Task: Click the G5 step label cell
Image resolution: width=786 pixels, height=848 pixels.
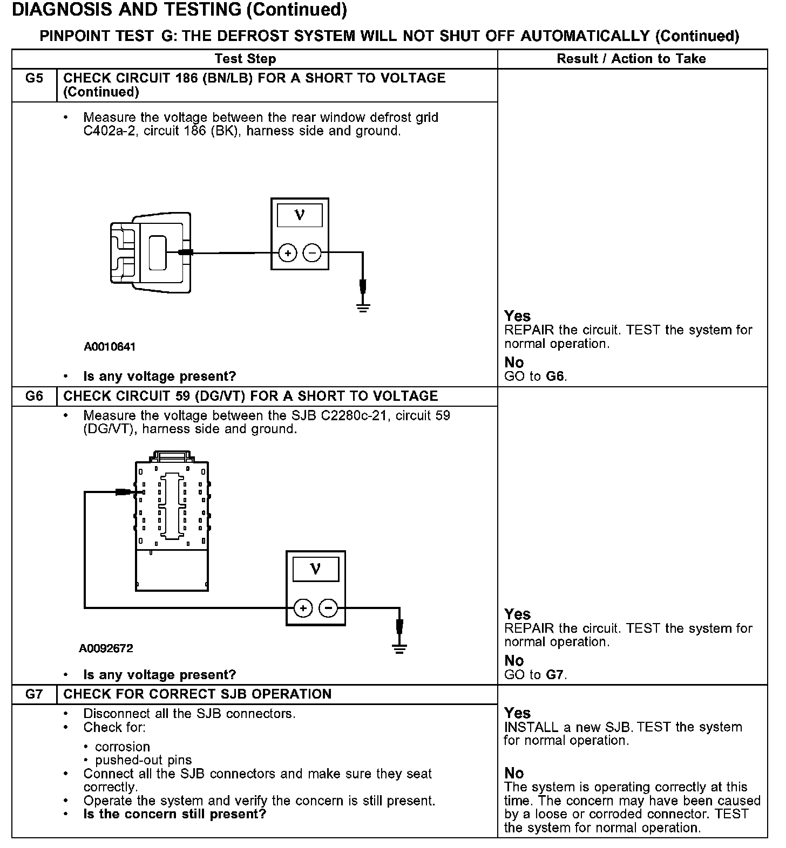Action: [34, 79]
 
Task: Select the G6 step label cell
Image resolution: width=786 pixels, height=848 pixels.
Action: [34, 396]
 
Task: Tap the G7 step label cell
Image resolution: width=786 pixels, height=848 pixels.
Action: [34, 694]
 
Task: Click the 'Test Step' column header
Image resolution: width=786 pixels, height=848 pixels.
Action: [245, 59]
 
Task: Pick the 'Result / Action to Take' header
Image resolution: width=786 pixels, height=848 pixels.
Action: [631, 59]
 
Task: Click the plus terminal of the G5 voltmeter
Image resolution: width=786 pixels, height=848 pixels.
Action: [288, 252]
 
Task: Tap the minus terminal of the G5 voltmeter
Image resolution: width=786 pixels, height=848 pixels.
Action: [312, 252]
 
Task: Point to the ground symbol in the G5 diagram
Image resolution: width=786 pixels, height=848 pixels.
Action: [363, 307]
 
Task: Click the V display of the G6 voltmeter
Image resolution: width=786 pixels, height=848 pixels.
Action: [316, 569]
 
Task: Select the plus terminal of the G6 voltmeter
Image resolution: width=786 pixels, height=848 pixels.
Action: [303, 608]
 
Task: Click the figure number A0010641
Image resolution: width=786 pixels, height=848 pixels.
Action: [110, 347]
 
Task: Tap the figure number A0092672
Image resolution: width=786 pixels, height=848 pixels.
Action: [106, 648]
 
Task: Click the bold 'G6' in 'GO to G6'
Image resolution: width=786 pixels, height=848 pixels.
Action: [555, 376]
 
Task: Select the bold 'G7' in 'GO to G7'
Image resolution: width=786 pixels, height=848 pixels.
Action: [555, 674]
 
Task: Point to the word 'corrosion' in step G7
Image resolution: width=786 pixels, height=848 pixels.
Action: [122, 747]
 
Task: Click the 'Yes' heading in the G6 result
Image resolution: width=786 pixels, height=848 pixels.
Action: [517, 614]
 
